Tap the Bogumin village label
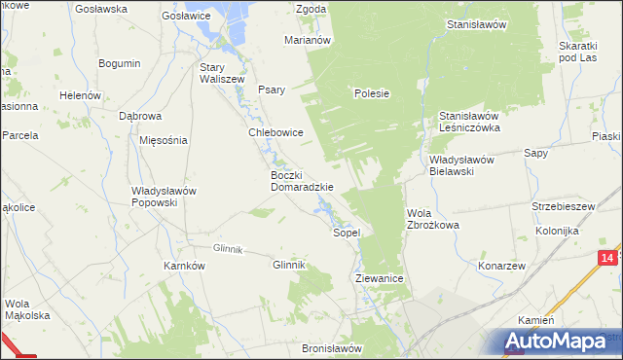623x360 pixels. (120, 63)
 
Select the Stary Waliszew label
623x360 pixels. (221, 74)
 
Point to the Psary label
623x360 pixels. (272, 90)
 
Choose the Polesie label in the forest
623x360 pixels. (372, 94)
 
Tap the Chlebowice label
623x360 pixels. (276, 132)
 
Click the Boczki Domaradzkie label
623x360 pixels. (302, 181)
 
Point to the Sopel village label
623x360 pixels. (348, 234)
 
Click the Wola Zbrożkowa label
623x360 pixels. (432, 219)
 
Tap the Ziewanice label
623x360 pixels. (380, 278)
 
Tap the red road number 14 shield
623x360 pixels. (607, 257)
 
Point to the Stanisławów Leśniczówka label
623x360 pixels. (469, 121)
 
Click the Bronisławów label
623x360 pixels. (332, 348)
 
